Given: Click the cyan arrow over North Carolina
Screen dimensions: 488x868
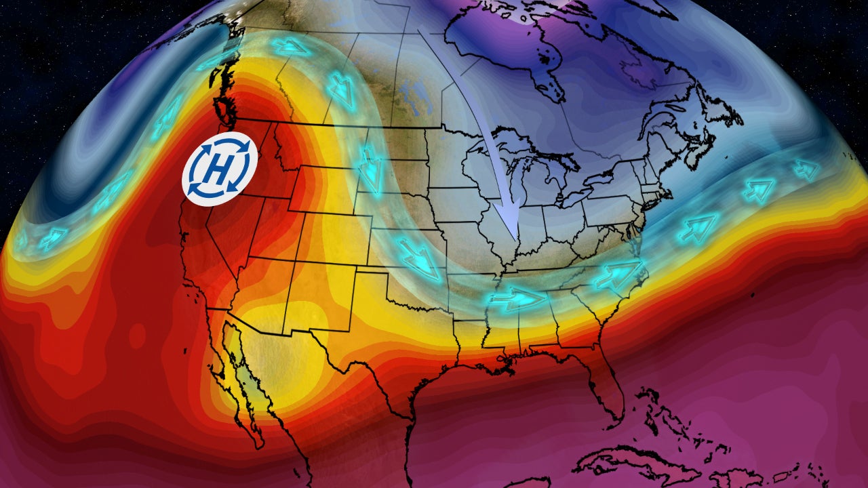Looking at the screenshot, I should click(617, 274).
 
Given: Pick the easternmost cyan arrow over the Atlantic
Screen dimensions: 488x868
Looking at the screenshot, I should click(806, 169).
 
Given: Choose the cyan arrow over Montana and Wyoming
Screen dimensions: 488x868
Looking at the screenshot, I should click(370, 169).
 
